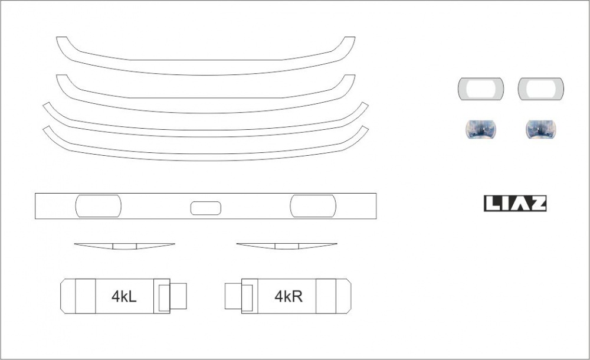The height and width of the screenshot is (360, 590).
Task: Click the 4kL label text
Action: coord(124,296)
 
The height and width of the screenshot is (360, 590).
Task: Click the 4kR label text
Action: coord(289,296)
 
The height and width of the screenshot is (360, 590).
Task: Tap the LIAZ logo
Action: coord(515,204)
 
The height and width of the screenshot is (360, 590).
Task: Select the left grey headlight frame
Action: coord(462,89)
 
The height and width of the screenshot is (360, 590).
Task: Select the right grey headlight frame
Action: coord(522,89)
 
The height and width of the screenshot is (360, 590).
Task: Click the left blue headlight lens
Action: coord(481,129)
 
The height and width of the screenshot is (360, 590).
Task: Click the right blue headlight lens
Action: coord(540,129)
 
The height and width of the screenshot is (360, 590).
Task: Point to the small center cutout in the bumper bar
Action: coord(205,208)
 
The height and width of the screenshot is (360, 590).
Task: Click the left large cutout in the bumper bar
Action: coord(99,206)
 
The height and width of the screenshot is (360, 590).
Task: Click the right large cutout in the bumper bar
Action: coord(313,206)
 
